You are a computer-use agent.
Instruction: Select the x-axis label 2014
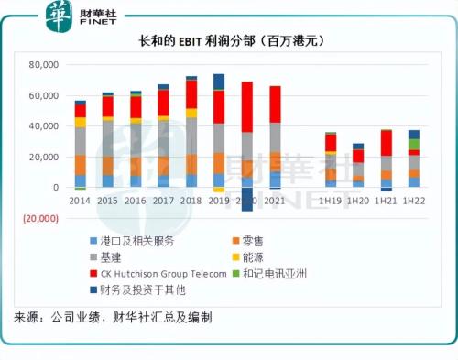pos(80,201)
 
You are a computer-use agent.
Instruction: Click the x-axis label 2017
pos(163,201)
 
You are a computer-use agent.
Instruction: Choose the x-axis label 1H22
pos(414,201)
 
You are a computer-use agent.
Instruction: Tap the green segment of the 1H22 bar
pos(414,144)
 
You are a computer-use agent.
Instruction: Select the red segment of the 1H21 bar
pos(387,143)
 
